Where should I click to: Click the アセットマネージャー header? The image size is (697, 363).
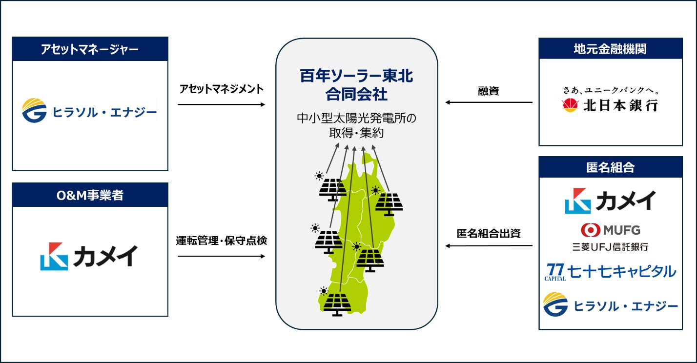click(x=90, y=49)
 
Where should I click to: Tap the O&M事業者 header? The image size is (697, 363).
click(x=90, y=195)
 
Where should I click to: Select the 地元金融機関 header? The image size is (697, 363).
click(x=610, y=49)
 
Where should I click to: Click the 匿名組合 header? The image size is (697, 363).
click(x=610, y=167)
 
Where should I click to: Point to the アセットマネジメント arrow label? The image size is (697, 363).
click(x=221, y=89)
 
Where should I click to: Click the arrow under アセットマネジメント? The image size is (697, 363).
click(x=221, y=104)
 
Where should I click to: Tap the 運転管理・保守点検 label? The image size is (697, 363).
click(x=221, y=241)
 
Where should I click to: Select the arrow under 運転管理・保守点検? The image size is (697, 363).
click(x=221, y=256)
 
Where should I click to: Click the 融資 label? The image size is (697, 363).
click(x=489, y=91)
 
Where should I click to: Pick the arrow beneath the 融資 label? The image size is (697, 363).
click(x=489, y=102)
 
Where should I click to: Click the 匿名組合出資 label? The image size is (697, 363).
click(x=489, y=233)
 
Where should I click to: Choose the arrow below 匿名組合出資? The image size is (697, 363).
click(x=489, y=246)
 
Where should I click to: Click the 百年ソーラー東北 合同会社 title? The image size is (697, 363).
click(x=356, y=83)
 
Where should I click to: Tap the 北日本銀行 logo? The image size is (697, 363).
click(x=610, y=105)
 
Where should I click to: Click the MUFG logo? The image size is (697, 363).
click(x=610, y=229)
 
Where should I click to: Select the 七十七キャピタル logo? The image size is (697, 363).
click(x=610, y=272)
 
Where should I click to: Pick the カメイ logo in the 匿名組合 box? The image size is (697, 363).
click(x=610, y=201)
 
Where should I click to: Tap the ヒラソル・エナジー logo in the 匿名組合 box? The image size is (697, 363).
click(x=610, y=305)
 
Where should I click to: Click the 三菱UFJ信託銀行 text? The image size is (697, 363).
click(x=610, y=247)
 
